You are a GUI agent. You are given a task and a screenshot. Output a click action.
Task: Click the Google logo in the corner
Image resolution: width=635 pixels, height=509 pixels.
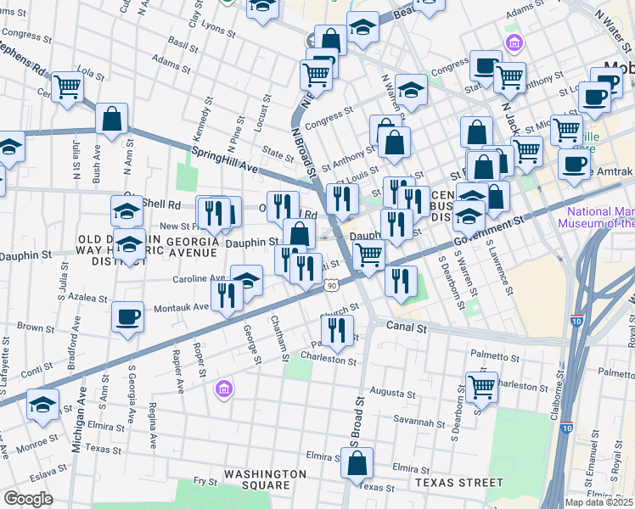(x=28, y=499)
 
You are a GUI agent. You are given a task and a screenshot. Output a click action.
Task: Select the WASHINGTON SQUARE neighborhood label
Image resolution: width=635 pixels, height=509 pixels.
(x=266, y=479)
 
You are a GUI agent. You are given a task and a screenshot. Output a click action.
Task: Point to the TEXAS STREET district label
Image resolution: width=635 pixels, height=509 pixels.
(x=459, y=482)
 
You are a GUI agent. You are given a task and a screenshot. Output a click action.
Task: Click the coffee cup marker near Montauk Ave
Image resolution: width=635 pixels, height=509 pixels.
(x=127, y=317)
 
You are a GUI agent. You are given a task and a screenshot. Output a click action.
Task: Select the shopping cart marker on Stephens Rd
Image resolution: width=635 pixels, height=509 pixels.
(x=67, y=87)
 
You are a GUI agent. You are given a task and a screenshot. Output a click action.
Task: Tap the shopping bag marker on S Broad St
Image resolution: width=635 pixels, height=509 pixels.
(x=357, y=463)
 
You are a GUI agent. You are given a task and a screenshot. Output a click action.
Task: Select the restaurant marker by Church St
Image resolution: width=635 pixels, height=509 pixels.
(x=337, y=330)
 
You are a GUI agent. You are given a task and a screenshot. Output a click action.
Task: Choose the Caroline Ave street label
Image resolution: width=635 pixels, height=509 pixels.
(x=200, y=277)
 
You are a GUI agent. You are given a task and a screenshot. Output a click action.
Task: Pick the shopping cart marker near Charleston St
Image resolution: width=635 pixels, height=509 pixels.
(x=481, y=387)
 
